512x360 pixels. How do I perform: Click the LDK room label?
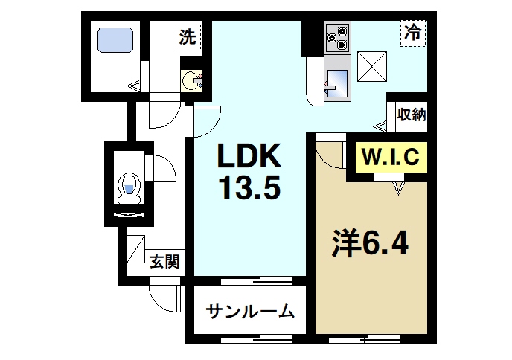248,157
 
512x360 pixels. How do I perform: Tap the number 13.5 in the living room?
249,189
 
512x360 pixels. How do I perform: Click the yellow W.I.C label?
391,157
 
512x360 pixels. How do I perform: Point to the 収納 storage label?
411,115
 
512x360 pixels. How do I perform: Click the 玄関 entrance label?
164,261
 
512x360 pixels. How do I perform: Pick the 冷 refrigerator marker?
412,33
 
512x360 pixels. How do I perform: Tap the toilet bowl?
129,186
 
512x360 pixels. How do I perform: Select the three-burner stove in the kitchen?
337,38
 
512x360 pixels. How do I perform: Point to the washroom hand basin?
191,80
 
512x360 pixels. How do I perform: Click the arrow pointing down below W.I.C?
399,189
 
